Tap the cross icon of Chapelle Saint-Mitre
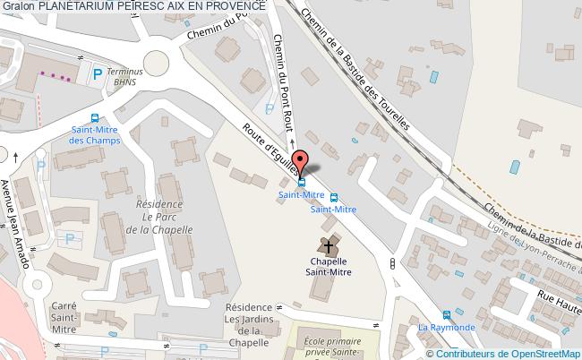point(328,244)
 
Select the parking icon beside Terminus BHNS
point(98,74)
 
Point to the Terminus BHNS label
point(124,74)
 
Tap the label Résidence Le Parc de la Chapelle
point(159,217)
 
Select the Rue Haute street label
point(558,301)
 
